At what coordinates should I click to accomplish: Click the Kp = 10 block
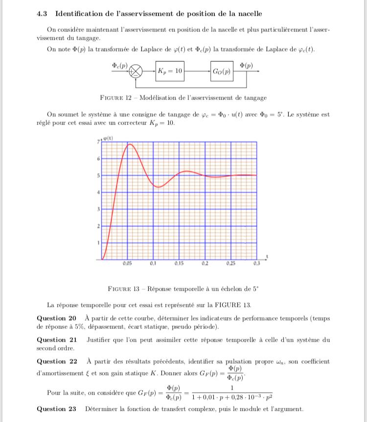170,72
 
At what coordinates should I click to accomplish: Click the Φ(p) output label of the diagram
247,64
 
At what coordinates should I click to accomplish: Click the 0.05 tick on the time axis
128,263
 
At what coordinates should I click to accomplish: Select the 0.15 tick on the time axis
179,263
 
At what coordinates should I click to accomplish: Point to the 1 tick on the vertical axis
98,242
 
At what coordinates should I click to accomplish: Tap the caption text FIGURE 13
125,288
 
